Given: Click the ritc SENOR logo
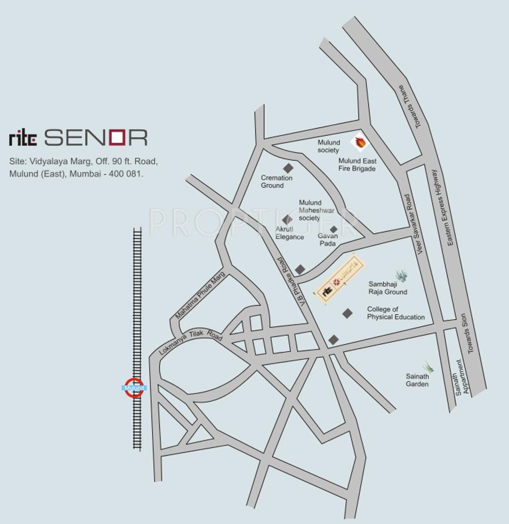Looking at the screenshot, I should (78, 138).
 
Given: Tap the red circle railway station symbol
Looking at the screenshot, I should (134, 388).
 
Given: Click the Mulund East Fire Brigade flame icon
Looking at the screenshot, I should (359, 141).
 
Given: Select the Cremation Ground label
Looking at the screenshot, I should (277, 182).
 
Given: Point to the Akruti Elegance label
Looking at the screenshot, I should (290, 233).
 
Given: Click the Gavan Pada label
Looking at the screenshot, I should (327, 240).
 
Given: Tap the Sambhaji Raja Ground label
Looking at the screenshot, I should (387, 288).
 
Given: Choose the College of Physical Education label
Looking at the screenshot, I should (395, 313).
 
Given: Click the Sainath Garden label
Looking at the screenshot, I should (417, 380).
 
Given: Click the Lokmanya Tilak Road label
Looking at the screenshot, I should (191, 342).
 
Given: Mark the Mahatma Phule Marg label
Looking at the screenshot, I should (200, 294).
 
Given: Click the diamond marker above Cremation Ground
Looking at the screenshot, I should (288, 168).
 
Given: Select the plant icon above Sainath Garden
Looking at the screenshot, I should (428, 367).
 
